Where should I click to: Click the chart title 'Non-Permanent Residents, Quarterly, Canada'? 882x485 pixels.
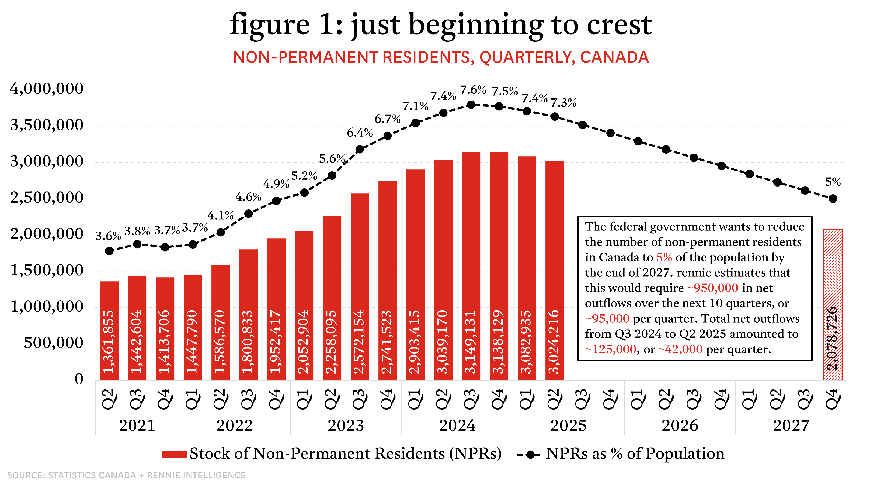tap(441, 57)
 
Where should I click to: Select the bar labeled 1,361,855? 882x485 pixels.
tap(109, 331)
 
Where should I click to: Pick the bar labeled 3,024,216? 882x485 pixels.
tap(555, 270)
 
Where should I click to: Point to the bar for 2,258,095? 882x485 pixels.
tap(332, 298)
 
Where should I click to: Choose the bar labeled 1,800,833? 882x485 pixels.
tap(248, 314)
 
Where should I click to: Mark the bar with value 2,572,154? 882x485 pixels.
tap(360, 287)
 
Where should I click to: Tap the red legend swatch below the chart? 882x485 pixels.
tap(174, 455)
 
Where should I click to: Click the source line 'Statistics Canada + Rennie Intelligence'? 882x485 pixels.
tap(126, 475)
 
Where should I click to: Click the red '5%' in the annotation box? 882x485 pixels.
tap(664, 257)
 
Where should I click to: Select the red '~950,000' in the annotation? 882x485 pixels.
tap(712, 288)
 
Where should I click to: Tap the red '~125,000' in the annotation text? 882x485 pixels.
tap(611, 349)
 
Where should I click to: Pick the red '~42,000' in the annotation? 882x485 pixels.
tap(680, 349)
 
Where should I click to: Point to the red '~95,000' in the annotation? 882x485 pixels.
tap(607, 319)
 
